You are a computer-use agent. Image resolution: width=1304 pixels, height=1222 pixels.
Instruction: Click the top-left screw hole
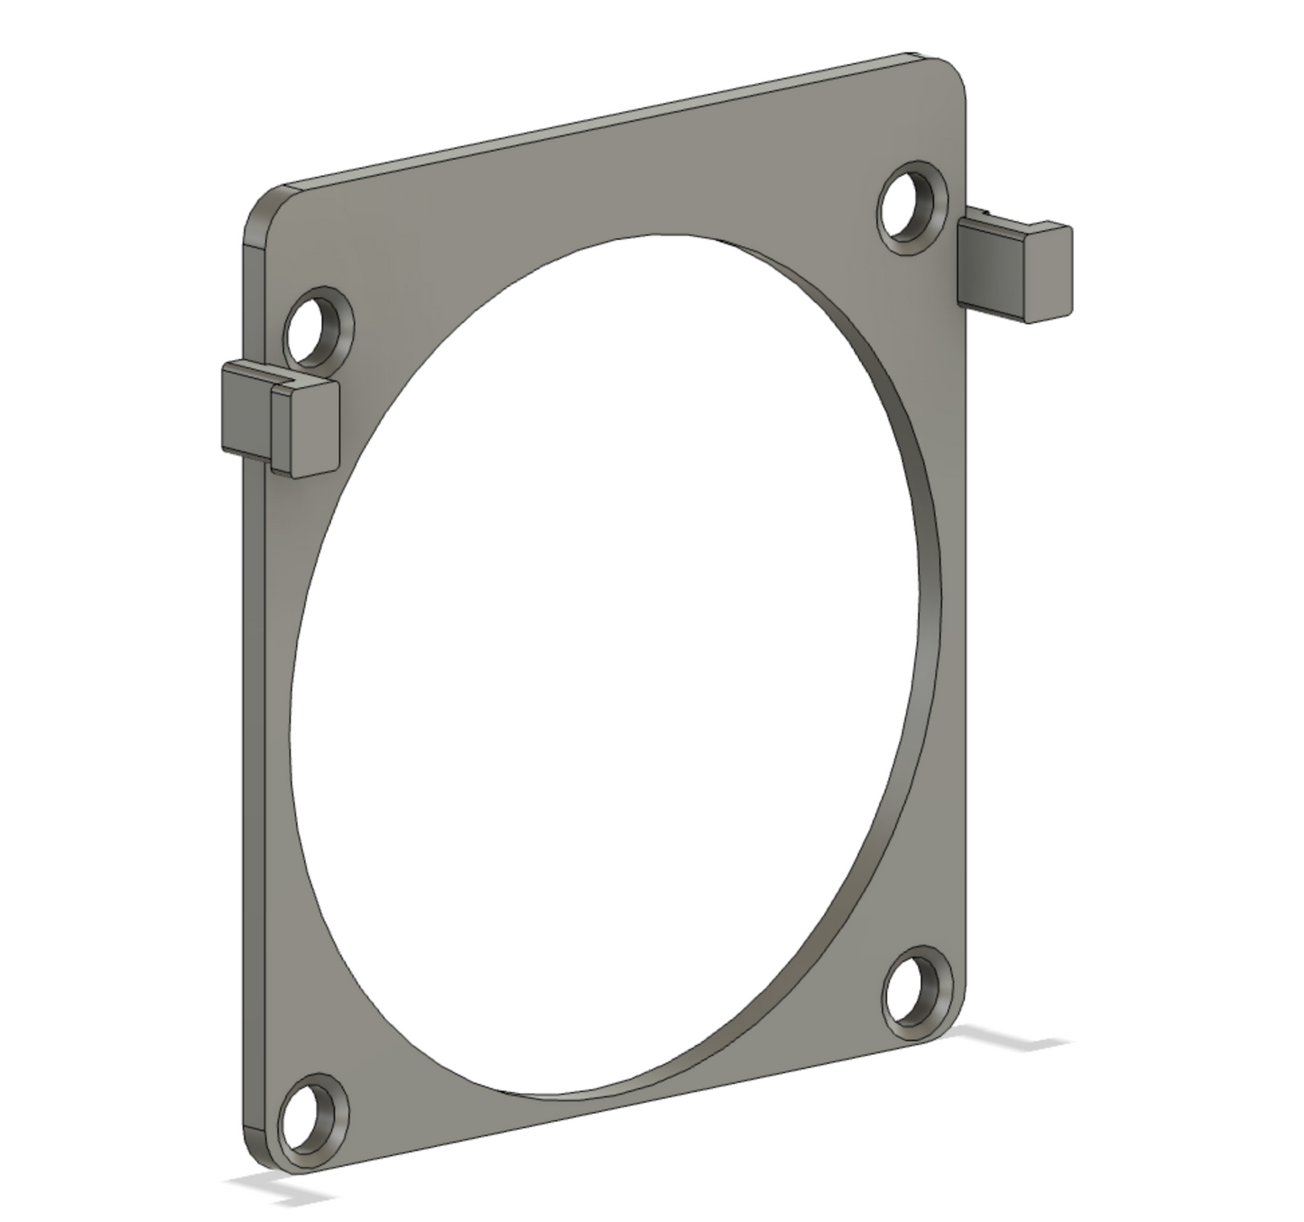click(x=317, y=327)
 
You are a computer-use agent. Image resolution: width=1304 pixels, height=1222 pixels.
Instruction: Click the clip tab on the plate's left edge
click(x=279, y=417)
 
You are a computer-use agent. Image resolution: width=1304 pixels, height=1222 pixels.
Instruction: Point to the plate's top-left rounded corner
click(x=263, y=206)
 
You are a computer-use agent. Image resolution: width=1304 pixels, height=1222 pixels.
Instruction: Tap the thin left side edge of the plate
click(x=253, y=722)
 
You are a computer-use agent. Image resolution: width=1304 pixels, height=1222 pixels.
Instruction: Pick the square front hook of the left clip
click(x=305, y=429)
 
